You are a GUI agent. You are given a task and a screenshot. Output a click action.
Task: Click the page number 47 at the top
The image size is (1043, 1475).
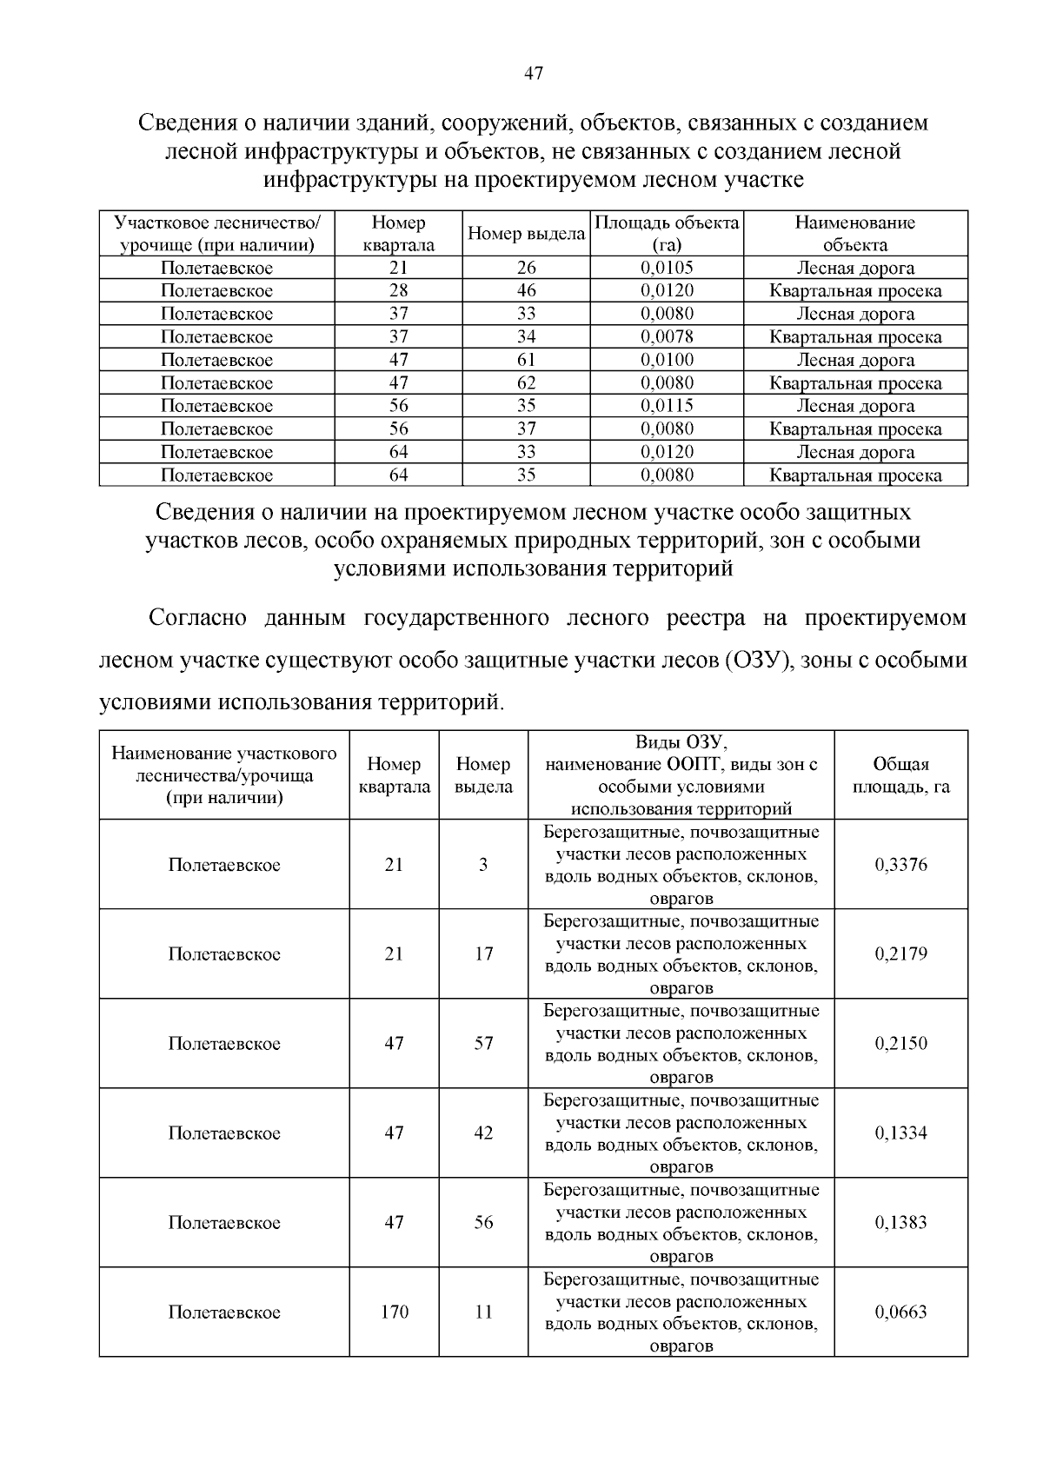pos(534,74)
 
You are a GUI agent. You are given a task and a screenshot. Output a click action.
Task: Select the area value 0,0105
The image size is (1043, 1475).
pos(667,268)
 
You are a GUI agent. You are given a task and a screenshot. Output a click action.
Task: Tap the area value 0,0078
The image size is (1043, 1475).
pos(667,336)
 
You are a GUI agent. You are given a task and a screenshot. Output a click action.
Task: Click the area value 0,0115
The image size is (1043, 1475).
pos(667,406)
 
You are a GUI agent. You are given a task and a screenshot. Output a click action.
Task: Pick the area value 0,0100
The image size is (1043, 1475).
pos(667,360)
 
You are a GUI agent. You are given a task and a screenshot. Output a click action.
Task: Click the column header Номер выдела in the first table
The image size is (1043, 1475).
pos(526,234)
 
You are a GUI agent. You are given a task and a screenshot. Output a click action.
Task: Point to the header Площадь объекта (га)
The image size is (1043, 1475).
pos(667,234)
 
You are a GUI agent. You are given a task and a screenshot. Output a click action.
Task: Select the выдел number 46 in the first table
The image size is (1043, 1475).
pos(526,290)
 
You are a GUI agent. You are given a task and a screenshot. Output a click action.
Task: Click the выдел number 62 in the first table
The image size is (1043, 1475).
pos(526,382)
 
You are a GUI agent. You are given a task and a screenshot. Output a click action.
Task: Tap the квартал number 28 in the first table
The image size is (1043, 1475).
pos(399,290)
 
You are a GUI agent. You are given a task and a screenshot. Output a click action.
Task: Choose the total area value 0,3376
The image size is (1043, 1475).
pos(900,865)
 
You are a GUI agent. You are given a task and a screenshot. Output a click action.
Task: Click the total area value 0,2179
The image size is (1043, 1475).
pos(900,954)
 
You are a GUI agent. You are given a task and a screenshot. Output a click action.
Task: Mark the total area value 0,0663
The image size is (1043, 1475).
pos(900,1312)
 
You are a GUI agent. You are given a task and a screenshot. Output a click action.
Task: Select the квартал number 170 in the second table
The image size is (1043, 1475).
pos(395,1312)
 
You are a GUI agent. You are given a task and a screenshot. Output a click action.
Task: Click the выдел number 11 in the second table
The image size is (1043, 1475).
pos(483,1312)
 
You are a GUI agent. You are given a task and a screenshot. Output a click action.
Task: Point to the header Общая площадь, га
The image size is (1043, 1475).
pos(900,775)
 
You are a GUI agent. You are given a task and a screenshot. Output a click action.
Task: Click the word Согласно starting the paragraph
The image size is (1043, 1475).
pos(198,619)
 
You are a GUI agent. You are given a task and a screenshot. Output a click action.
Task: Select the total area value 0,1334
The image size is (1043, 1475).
pos(900,1133)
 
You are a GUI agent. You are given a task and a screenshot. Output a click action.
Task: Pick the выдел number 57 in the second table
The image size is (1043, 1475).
pos(483,1044)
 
